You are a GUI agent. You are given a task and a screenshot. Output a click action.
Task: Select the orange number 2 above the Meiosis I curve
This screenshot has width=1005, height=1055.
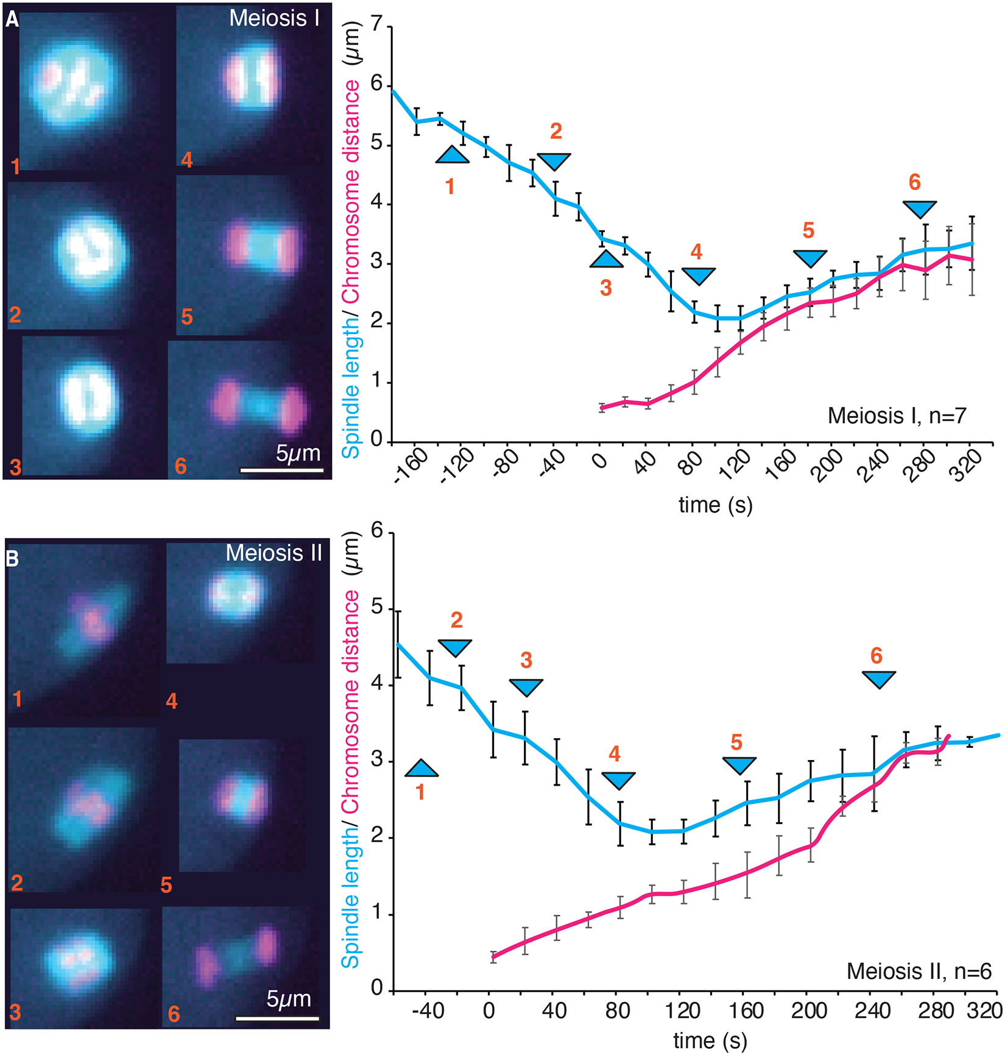(555, 131)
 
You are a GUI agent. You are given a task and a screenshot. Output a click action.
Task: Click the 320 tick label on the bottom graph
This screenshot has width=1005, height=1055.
(984, 1011)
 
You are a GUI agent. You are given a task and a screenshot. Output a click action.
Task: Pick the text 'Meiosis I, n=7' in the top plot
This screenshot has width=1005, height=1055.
(897, 416)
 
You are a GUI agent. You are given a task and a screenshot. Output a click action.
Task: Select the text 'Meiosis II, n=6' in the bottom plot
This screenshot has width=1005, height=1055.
(919, 970)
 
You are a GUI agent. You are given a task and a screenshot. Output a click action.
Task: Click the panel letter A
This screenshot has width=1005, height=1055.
(12, 20)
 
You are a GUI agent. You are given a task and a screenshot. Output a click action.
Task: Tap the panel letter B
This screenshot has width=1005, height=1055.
(12, 559)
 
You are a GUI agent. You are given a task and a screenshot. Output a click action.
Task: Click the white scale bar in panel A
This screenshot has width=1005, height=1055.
(281, 470)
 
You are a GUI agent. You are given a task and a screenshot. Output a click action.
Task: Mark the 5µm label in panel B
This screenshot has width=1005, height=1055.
(289, 999)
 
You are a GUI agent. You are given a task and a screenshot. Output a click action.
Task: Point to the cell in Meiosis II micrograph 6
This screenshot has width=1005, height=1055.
(238, 956)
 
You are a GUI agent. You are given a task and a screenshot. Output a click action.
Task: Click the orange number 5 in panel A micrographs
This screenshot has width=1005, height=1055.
(186, 317)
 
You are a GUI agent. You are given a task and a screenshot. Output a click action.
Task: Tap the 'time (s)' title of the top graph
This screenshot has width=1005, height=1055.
(716, 505)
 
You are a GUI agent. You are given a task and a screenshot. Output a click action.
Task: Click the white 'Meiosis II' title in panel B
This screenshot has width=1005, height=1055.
(273, 553)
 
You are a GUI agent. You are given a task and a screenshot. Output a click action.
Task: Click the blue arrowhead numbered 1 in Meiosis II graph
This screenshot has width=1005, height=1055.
(421, 769)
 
